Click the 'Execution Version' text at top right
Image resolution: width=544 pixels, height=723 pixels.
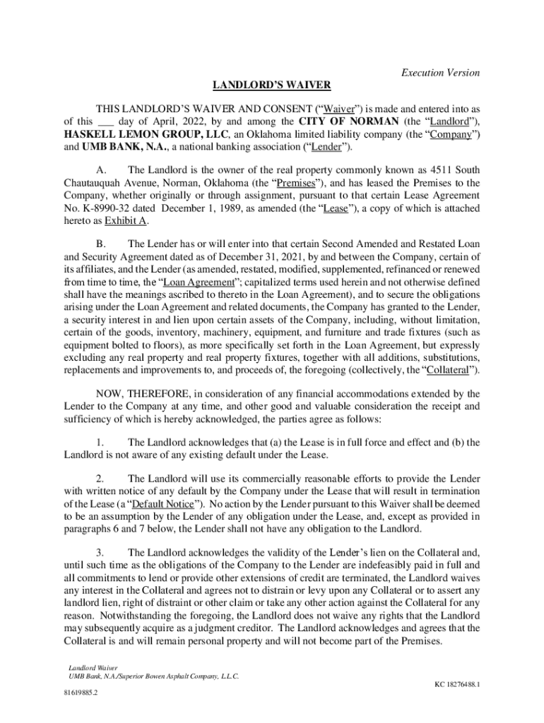[x=440, y=73]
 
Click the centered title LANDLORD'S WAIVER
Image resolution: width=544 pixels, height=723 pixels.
[x=272, y=85]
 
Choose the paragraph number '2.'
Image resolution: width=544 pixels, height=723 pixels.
[x=100, y=478]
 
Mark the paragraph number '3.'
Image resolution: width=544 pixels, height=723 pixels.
[x=100, y=551]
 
